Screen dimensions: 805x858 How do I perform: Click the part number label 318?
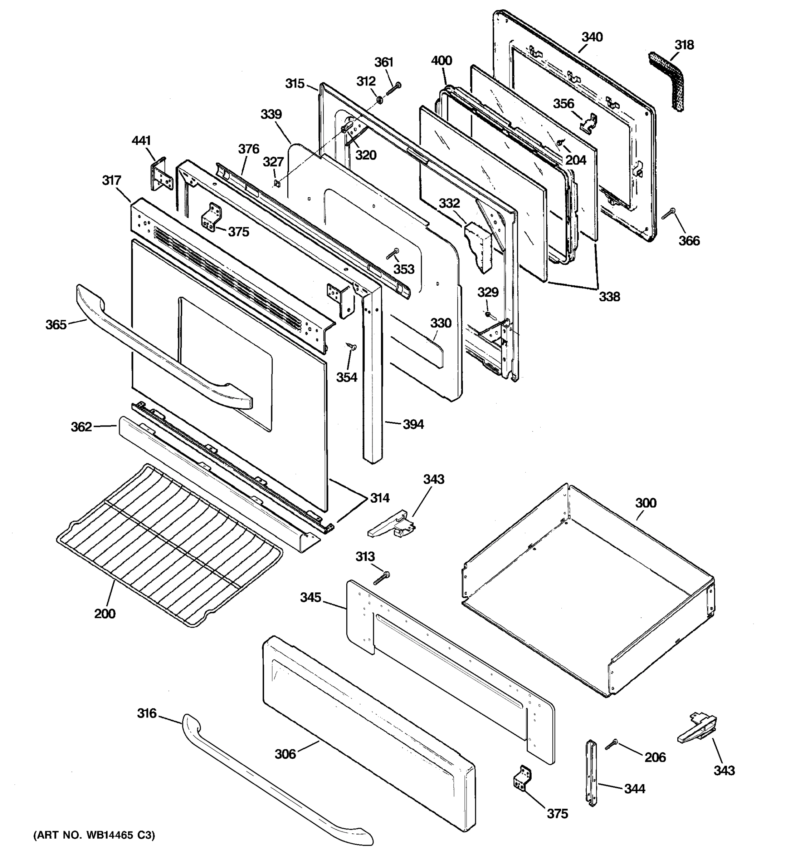pyautogui.click(x=684, y=45)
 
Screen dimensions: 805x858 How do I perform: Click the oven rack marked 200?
pyautogui.click(x=169, y=544)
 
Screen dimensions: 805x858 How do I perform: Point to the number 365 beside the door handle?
pyautogui.click(x=56, y=325)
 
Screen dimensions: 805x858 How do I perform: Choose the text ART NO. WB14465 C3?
pyautogui.click(x=94, y=835)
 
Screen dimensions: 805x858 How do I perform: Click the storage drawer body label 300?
pyautogui.click(x=646, y=503)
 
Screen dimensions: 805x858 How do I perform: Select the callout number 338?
pyautogui.click(x=609, y=296)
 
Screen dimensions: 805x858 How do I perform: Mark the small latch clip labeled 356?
pyautogui.click(x=588, y=123)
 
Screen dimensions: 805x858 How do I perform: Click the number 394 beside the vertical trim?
pyautogui.click(x=413, y=424)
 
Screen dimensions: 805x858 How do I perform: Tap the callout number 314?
pyautogui.click(x=380, y=498)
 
